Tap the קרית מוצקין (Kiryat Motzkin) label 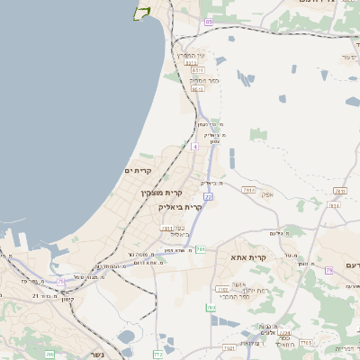pos(161,192)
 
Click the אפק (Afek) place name pos(266,195)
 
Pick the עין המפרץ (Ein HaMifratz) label pos(195,57)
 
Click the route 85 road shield pos(209,21)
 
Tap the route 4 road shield pos(194,145)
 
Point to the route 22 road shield pos(208,196)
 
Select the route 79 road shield pos(329,270)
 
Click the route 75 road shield pos(61,282)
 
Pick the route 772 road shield pos(158,354)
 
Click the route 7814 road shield pos(334,205)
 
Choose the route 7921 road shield pos(229,346)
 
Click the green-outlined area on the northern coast pos(141,12)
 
